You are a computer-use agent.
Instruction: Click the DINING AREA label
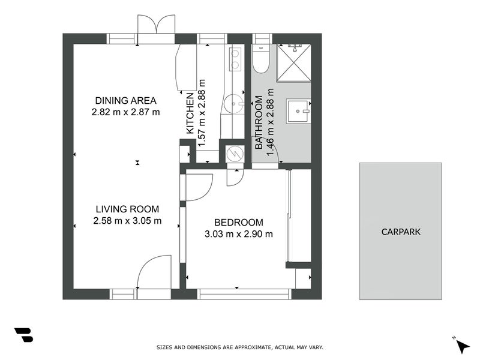[125, 100]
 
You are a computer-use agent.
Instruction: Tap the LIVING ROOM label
[127, 209]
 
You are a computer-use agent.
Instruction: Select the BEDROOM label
[238, 222]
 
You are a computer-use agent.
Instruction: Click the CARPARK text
[401, 231]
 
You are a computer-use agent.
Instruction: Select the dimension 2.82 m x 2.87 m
[125, 112]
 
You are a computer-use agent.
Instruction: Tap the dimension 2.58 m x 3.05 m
[127, 220]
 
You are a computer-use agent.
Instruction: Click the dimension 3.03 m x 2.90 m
[238, 234]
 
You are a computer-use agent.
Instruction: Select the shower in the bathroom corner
[293, 62]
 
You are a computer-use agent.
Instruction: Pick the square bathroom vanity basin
[298, 110]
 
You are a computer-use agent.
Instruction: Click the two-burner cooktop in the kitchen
[235, 58]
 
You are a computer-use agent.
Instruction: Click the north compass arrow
[462, 346]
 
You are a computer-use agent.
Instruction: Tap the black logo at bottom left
[23, 335]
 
